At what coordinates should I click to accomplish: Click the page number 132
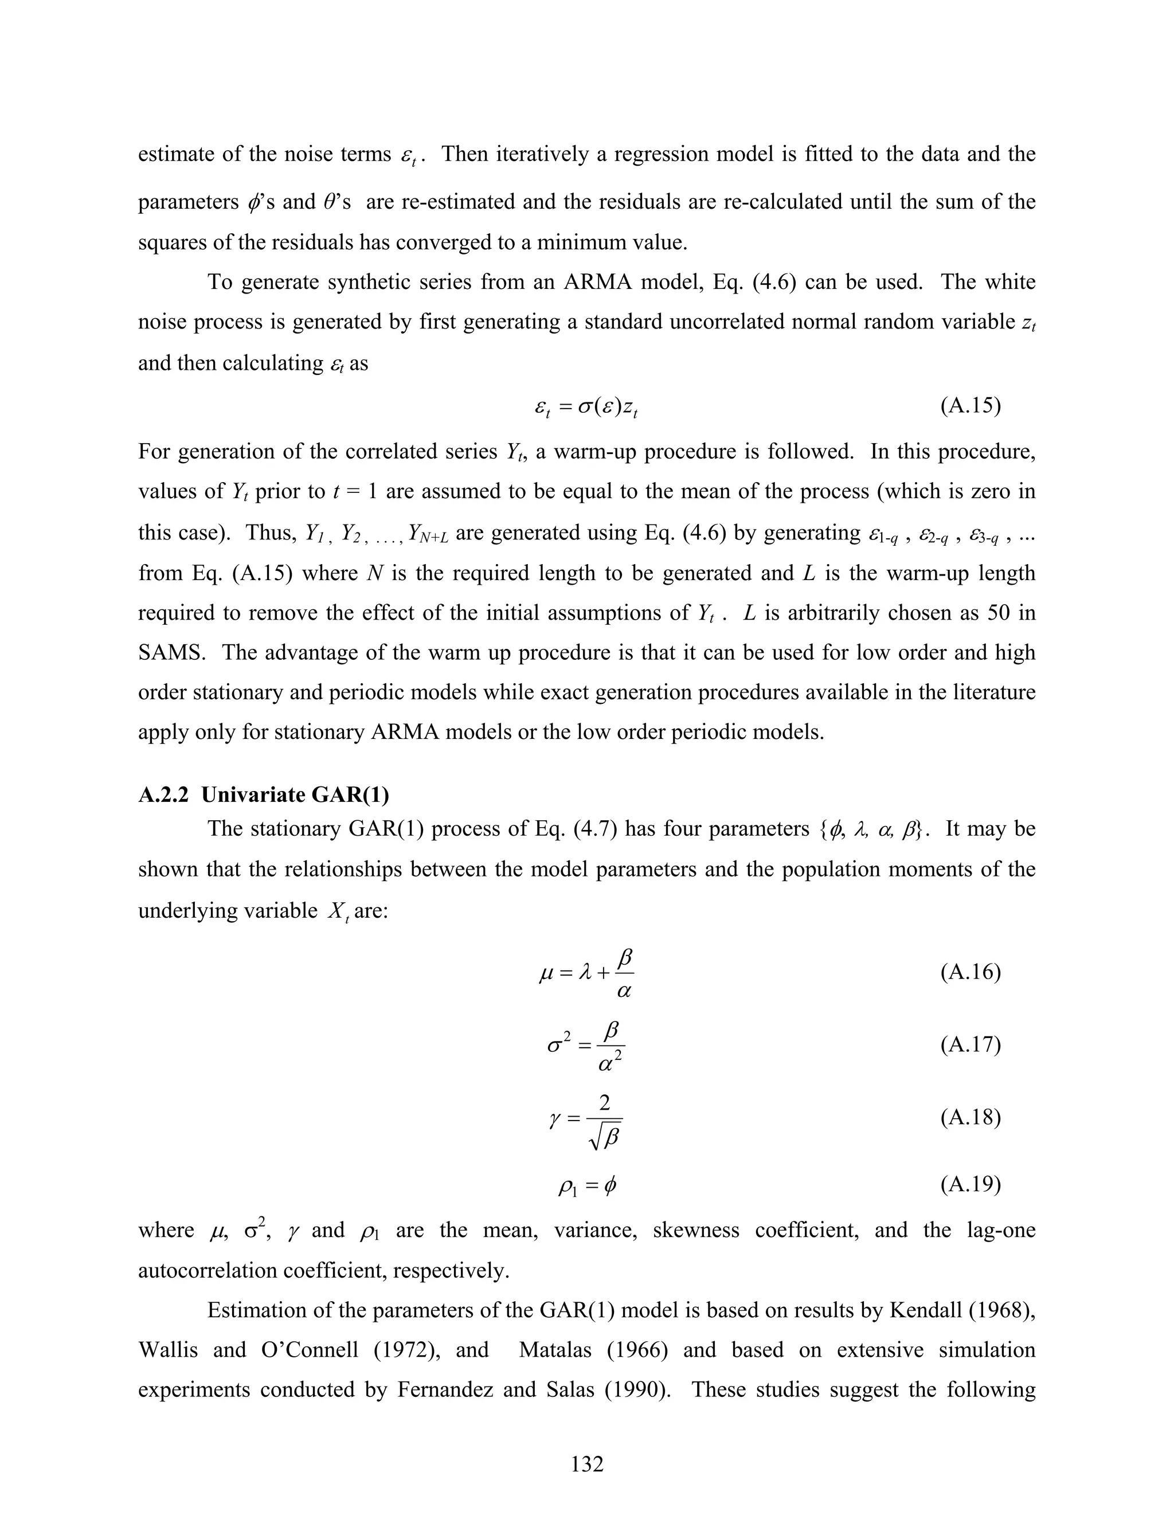tap(587, 1464)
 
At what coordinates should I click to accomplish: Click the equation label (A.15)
tap(970, 405)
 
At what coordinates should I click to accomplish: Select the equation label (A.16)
tap(970, 972)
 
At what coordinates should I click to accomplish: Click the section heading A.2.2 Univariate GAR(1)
tap(264, 795)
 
